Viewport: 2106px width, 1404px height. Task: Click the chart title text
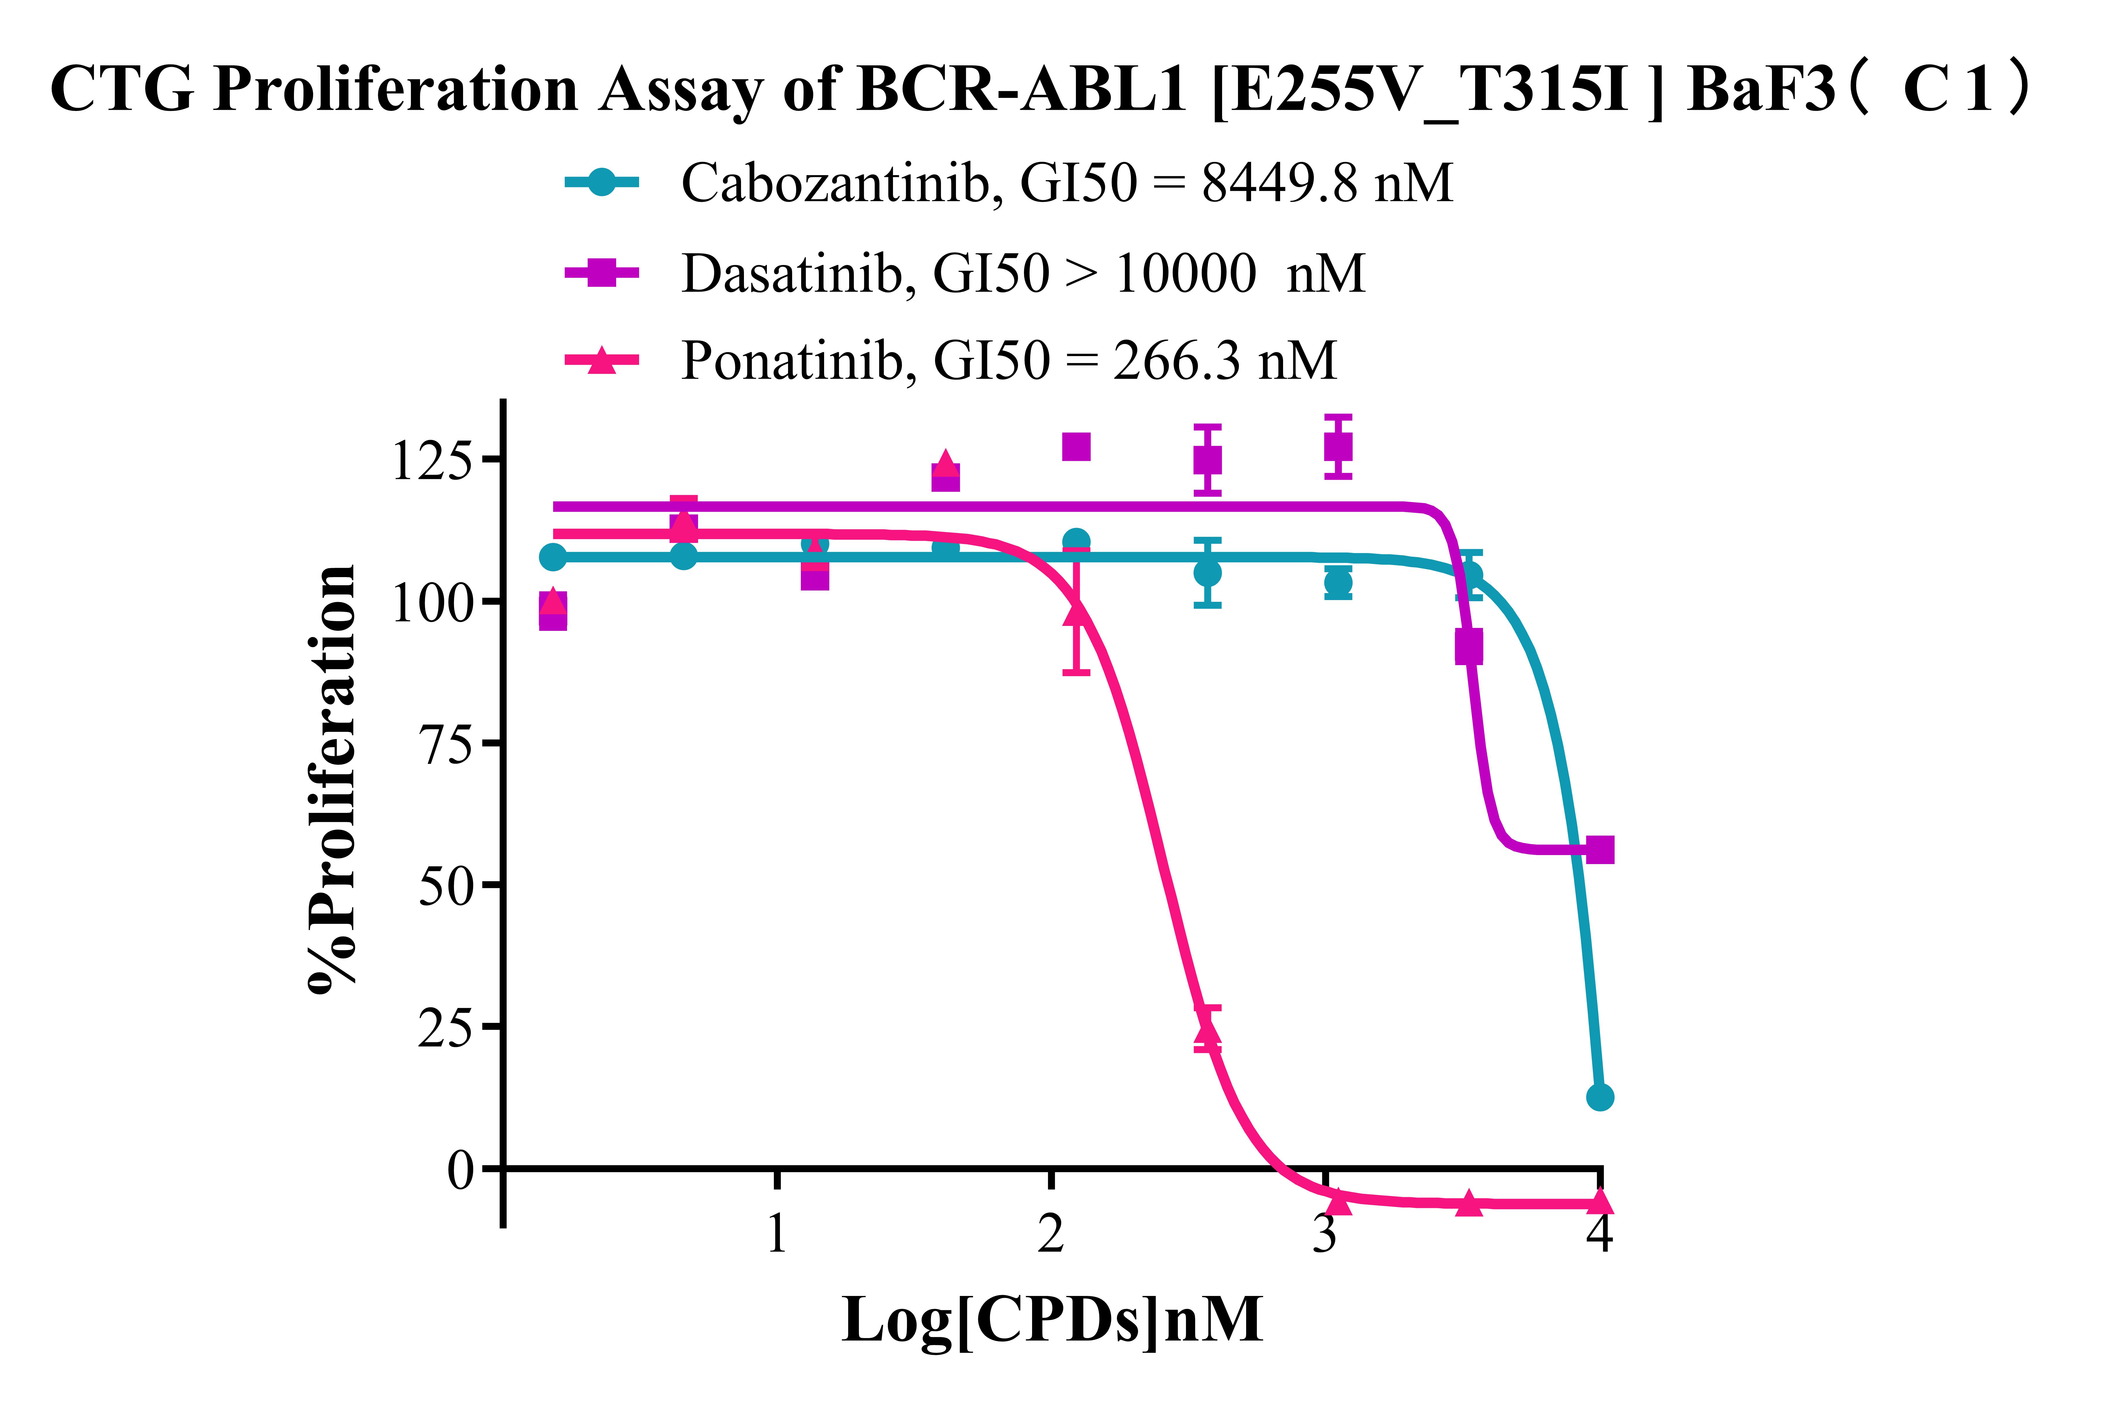pos(1039,89)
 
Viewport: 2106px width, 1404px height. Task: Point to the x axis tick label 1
pos(777,1234)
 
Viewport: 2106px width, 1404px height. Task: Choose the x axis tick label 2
pos(1051,1234)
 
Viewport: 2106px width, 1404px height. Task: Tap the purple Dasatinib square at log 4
pos(1599,850)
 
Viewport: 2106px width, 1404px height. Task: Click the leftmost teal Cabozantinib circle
pos(553,557)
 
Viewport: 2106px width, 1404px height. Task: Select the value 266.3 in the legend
pos(1176,361)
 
